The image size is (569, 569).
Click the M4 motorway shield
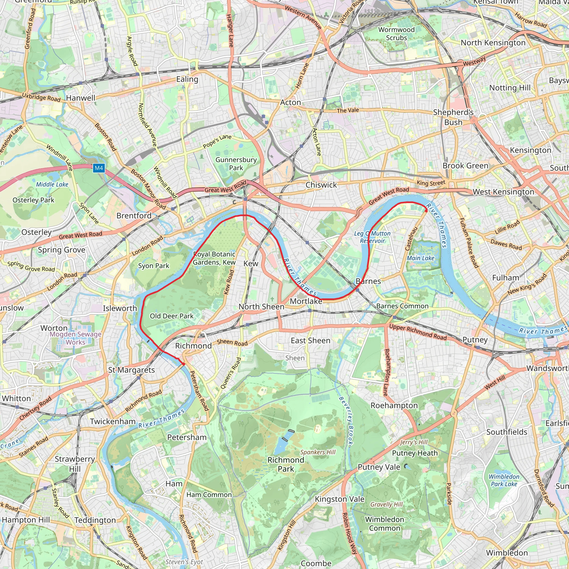tap(99, 168)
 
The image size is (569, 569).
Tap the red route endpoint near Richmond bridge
tap(183, 364)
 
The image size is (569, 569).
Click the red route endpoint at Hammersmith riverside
tap(426, 210)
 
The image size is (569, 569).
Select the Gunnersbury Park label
tap(236, 164)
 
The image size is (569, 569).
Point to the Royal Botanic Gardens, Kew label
tap(214, 258)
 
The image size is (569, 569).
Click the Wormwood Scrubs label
tap(396, 34)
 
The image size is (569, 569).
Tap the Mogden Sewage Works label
tap(75, 338)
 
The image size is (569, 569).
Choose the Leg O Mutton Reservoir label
tap(372, 237)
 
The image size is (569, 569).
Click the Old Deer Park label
tap(171, 316)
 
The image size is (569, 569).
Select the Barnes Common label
tap(402, 306)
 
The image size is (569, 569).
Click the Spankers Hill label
tap(318, 452)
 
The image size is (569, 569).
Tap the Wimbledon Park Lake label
tap(504, 480)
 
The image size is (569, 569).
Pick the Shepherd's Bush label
tap(453, 117)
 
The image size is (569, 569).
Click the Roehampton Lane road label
tap(386, 372)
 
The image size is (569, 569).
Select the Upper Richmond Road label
tap(418, 332)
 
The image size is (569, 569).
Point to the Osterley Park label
tap(33, 200)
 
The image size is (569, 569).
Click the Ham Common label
tap(209, 495)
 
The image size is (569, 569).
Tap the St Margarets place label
tap(131, 370)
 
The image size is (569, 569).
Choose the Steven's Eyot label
tap(184, 561)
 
